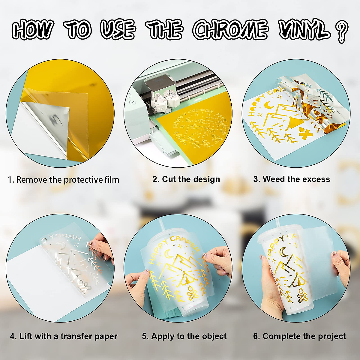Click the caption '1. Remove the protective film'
coord(64,180)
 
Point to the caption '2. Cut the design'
coord(186,179)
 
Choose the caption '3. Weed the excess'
coord(292,179)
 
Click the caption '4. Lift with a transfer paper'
coord(64,336)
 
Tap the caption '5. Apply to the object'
coord(184,336)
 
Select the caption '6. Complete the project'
coord(299,336)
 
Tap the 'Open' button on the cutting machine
coord(132,102)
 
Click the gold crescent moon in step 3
coord(268,105)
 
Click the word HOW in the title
coord(33,30)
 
